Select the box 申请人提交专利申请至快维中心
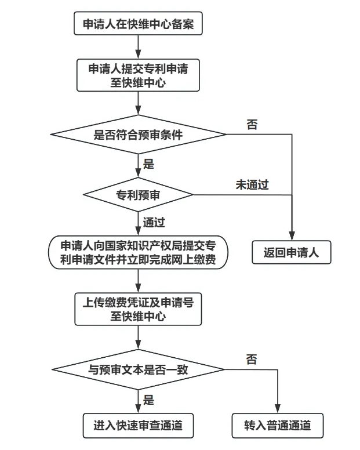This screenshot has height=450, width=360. (x=138, y=75)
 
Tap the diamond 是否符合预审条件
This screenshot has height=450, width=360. (x=138, y=135)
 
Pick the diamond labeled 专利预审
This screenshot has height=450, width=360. (x=138, y=195)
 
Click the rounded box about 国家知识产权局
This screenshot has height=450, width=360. (x=138, y=253)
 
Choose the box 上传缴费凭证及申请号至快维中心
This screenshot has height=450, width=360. (x=138, y=309)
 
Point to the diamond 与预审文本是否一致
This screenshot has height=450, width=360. (x=138, y=369)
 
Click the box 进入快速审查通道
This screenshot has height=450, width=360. (x=138, y=426)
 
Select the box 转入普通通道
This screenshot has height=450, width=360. (x=278, y=426)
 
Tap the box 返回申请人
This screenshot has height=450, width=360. (x=291, y=253)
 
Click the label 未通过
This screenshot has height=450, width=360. (x=252, y=185)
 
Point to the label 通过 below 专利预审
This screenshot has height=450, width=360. (x=154, y=222)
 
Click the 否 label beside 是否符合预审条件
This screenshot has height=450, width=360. (x=252, y=125)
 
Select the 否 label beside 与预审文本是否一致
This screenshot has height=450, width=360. (x=251, y=360)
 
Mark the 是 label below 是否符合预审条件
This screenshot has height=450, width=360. (x=148, y=164)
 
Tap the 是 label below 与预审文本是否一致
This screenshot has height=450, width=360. (x=148, y=399)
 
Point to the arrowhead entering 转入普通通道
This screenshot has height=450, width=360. (x=278, y=409)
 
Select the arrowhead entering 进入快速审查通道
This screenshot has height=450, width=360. (x=138, y=409)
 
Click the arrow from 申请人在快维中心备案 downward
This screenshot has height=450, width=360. (x=138, y=45)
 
